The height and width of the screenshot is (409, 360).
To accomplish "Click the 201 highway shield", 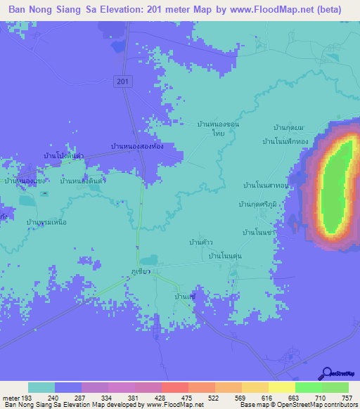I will click(123, 82).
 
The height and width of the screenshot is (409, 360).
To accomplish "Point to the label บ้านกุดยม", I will click(289, 127).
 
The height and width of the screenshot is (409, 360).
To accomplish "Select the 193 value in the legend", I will click(29, 397).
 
